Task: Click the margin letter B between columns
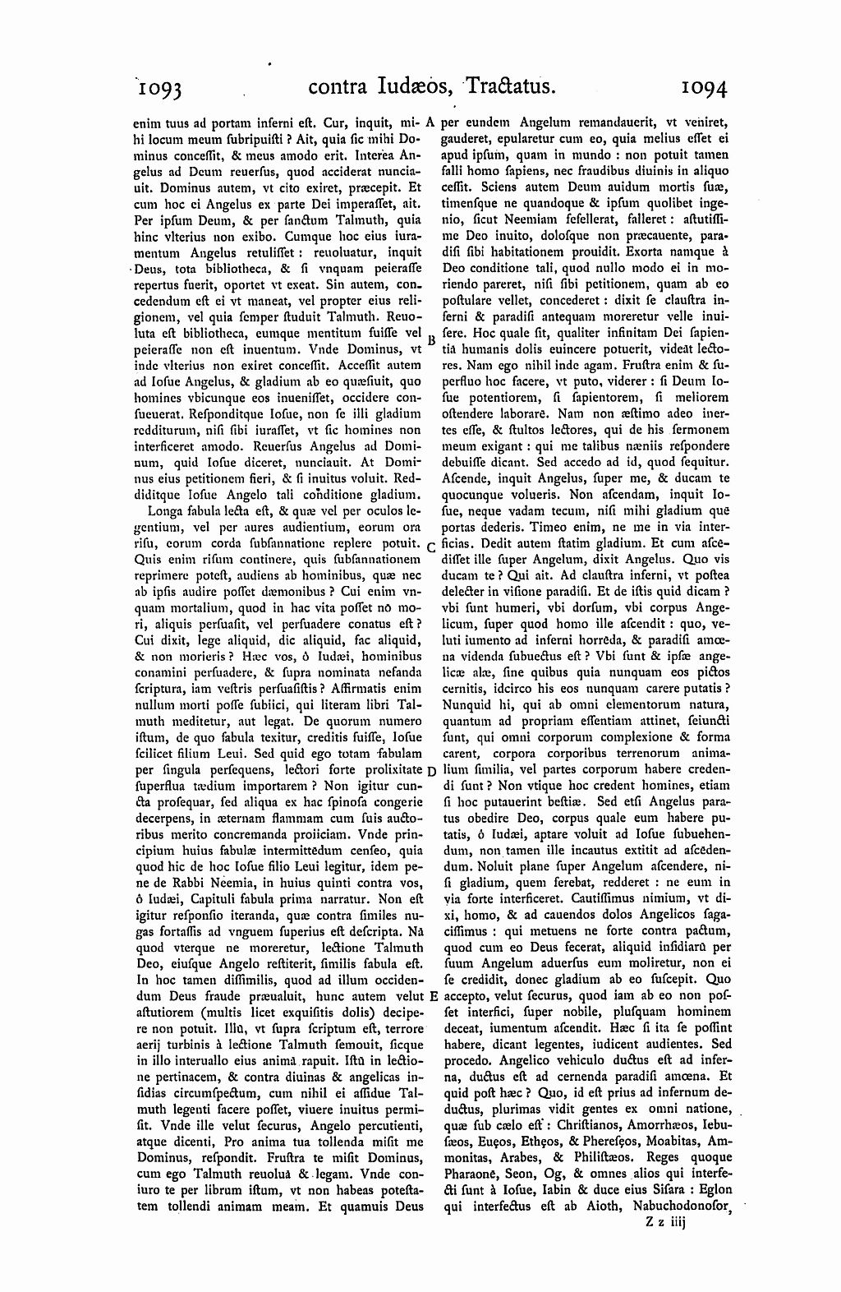point(430,338)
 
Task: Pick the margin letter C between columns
point(431,547)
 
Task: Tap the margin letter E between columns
point(432,995)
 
